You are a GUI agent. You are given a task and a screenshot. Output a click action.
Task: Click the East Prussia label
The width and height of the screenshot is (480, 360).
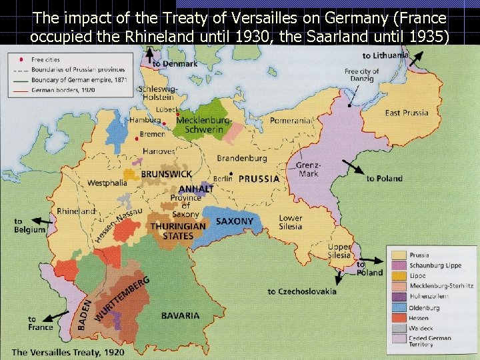(406, 113)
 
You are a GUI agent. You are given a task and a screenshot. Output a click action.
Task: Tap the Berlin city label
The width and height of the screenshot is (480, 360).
(222, 179)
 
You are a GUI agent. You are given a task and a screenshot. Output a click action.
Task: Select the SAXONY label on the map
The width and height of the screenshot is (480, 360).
(235, 221)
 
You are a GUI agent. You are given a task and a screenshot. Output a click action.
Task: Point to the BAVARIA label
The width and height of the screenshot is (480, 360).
(180, 315)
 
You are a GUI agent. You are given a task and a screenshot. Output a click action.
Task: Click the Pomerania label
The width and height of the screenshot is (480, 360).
(290, 121)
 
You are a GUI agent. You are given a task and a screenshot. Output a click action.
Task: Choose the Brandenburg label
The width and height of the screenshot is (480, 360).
(241, 159)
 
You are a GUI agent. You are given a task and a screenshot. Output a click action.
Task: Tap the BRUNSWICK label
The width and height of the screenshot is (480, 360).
(166, 174)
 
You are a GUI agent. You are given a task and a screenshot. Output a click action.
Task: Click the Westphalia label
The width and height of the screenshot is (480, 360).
(107, 183)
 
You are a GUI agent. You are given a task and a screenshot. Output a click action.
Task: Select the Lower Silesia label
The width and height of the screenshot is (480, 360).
(291, 222)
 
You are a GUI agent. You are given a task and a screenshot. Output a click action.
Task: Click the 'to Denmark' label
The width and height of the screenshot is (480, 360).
(175, 64)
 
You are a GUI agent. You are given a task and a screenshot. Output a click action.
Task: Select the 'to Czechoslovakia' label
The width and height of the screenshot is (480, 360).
(302, 291)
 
